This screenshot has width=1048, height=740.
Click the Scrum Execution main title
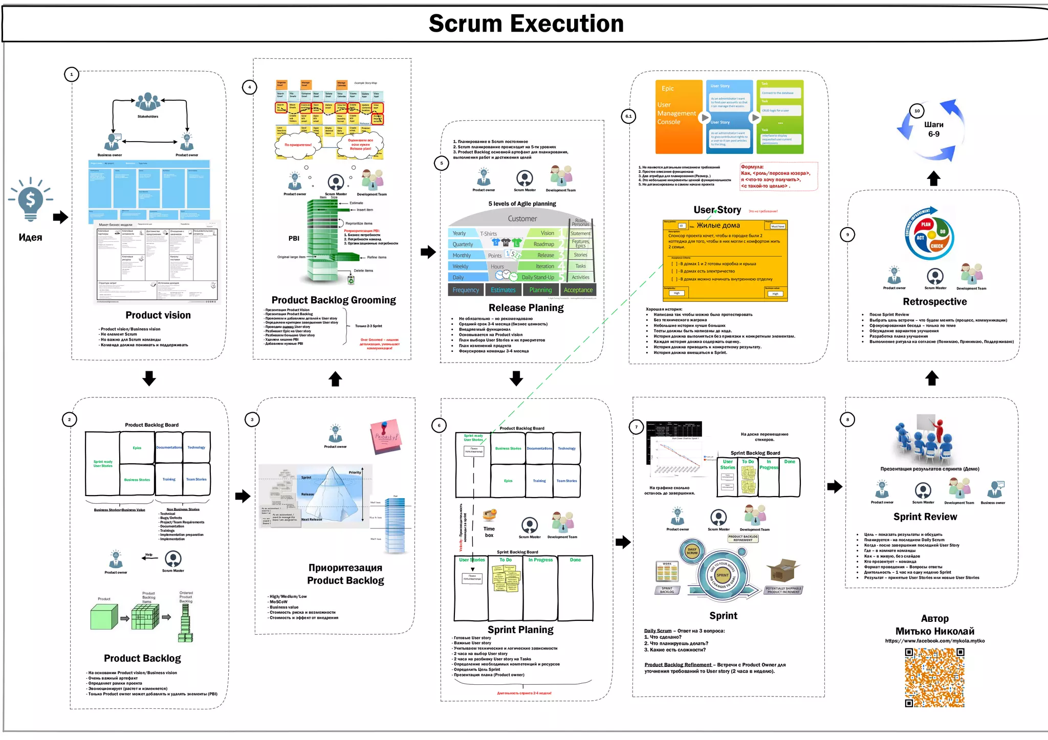click(x=526, y=24)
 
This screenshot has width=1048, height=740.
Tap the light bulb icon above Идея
click(x=31, y=199)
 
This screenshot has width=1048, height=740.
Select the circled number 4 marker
click(x=249, y=87)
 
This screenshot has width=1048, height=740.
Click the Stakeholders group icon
click(x=148, y=102)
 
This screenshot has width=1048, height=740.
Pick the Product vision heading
click(x=158, y=315)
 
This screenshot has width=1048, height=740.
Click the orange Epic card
click(x=679, y=117)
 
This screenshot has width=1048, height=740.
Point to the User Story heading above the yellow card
click(x=717, y=210)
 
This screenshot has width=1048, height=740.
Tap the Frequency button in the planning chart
click(x=466, y=290)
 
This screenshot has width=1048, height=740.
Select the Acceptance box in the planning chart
click(x=578, y=290)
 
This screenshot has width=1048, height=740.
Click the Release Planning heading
click(x=526, y=307)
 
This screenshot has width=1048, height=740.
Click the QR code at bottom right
click(x=934, y=678)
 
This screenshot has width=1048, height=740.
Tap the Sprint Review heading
click(x=925, y=517)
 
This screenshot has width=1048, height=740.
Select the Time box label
click(x=489, y=532)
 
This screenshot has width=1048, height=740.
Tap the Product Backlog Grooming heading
click(x=334, y=300)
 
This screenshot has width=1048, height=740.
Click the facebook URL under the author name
click(x=934, y=641)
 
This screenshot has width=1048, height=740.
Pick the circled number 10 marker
click(x=916, y=110)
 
